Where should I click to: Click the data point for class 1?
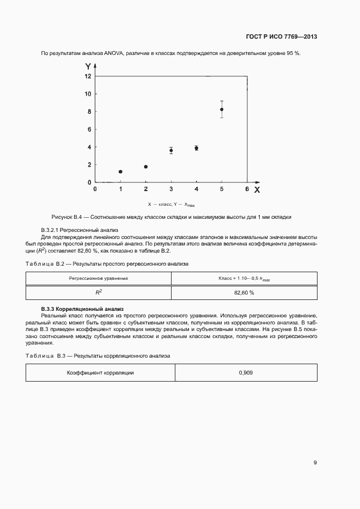(x=120, y=171)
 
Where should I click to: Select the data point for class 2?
(x=146, y=167)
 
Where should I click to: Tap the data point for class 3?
(x=171, y=150)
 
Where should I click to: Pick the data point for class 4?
(x=197, y=148)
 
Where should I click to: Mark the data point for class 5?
(x=222, y=109)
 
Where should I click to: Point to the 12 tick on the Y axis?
(x=88, y=76)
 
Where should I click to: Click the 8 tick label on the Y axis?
(x=88, y=112)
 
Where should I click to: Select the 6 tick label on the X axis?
(x=247, y=189)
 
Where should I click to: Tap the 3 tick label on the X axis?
(x=171, y=189)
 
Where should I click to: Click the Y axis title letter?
(x=88, y=66)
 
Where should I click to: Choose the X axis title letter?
(x=257, y=189)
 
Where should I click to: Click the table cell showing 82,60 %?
(x=244, y=292)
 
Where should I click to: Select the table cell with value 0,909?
(x=246, y=373)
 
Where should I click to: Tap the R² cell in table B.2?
(x=99, y=292)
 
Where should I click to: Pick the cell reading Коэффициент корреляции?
(x=100, y=373)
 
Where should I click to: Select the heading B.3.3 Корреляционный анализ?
(x=83, y=309)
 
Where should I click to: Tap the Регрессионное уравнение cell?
(x=99, y=278)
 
